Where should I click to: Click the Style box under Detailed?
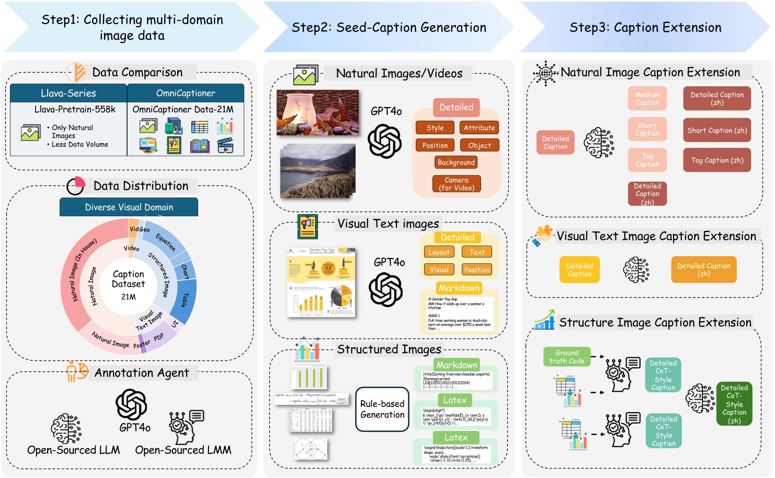pyautogui.click(x=435, y=128)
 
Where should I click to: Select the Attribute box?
pyautogui.click(x=479, y=128)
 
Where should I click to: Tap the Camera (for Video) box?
pyautogui.click(x=457, y=184)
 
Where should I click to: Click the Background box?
pyautogui.click(x=456, y=162)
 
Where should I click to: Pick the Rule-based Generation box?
pyautogui.click(x=382, y=409)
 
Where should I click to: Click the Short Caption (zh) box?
pyautogui.click(x=717, y=131)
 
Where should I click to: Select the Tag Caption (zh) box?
pyautogui.click(x=717, y=161)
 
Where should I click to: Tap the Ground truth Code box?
pyautogui.click(x=567, y=357)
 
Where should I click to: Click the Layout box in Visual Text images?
pyautogui.click(x=439, y=252)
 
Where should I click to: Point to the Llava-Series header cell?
pyautogui.click(x=69, y=94)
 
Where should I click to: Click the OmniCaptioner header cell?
pyautogui.click(x=186, y=94)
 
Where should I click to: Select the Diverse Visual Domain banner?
pyautogui.click(x=129, y=207)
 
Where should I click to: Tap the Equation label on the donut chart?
pyautogui.click(x=166, y=241)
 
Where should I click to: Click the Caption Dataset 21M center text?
pyautogui.click(x=128, y=285)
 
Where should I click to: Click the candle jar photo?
pyautogui.click(x=317, y=112)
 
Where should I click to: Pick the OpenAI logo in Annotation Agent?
pyautogui.click(x=131, y=404)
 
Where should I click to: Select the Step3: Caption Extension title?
pyautogui.click(x=645, y=28)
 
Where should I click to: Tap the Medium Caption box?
pyautogui.click(x=647, y=99)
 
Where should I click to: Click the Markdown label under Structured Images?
pyautogui.click(x=457, y=365)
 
